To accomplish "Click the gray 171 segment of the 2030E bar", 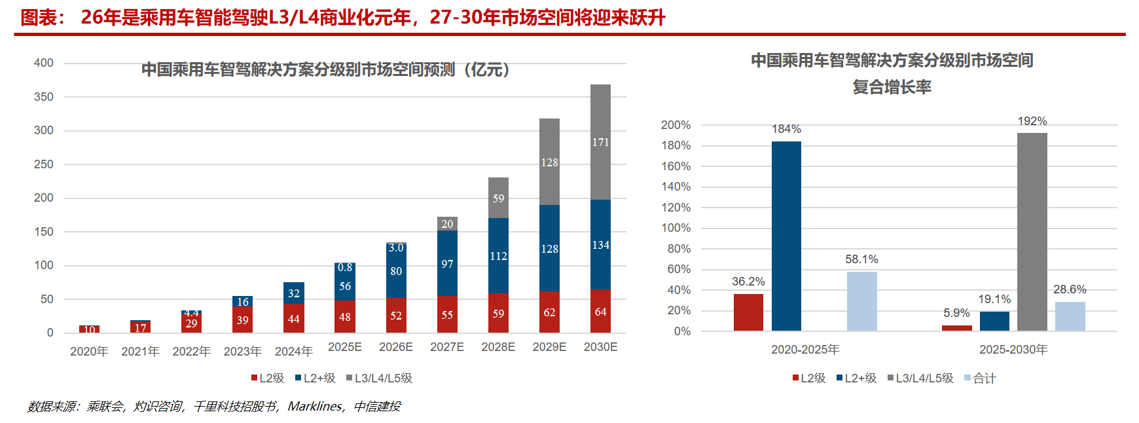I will point(600,142).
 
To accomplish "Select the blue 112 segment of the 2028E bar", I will point(498,256).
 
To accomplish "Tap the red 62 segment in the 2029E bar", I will point(549,312).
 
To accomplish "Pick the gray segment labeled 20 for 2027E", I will point(447,224).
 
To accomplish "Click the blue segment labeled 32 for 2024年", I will point(294,293).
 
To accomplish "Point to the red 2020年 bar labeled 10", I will point(89,329).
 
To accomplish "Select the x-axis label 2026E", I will point(396,347).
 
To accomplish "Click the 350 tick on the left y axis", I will point(44,97).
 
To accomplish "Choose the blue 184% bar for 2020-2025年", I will point(786,236).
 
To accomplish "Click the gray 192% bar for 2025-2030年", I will point(1032,232).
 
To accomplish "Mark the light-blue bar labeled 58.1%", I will point(861,301).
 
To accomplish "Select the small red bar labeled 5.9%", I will point(956,328).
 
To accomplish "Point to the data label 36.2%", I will point(748,282).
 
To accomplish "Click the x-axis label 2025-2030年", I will point(1013,350).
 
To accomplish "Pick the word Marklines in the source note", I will point(315,407).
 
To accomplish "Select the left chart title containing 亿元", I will point(325,69).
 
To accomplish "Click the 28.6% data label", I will point(1070,289).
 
